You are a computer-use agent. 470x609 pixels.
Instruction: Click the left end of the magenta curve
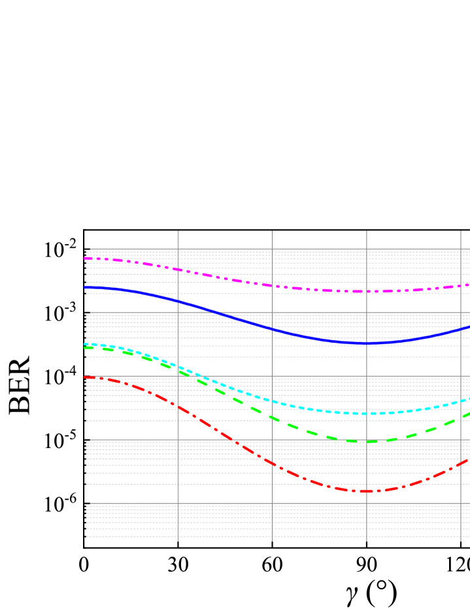pos(85,258)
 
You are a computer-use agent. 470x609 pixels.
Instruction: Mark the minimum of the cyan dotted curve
pos(366,413)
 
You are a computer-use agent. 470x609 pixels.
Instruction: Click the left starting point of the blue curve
pos(85,287)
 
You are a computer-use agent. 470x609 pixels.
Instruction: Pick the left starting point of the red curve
pos(85,377)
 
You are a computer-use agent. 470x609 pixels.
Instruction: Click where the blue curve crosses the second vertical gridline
pos(272,328)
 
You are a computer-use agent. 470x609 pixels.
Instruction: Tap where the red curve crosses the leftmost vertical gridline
pos(178,407)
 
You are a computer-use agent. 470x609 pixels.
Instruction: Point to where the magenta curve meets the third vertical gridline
pos(367,291)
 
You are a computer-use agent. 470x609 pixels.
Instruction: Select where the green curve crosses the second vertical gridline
pos(272,417)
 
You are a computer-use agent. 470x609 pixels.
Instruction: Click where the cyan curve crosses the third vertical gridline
pos(367,413)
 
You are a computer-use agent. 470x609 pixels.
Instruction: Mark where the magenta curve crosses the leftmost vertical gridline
pos(178,270)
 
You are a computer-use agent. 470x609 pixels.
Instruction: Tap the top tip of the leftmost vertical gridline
pos(178,231)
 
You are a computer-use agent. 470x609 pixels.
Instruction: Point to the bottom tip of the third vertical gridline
pos(367,541)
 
